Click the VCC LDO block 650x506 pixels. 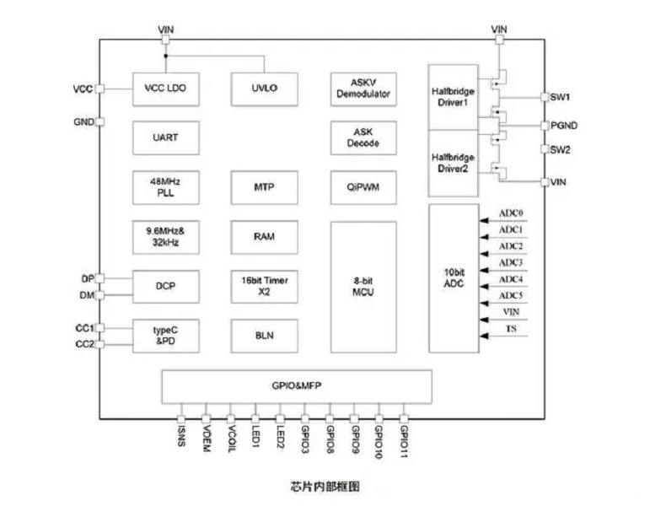click(x=166, y=89)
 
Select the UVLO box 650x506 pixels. click(x=265, y=89)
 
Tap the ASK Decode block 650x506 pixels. click(x=363, y=137)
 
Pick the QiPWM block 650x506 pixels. click(x=363, y=187)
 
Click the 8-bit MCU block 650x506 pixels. click(x=363, y=287)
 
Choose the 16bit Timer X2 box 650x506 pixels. click(x=265, y=287)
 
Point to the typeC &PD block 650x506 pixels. click(x=166, y=336)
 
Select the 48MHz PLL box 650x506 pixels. click(x=166, y=187)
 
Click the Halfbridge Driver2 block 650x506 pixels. click(x=453, y=164)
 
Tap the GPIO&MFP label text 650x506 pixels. click(x=297, y=385)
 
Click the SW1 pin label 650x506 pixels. click(x=560, y=97)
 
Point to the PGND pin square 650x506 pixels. click(x=545, y=126)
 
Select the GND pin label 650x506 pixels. click(x=83, y=122)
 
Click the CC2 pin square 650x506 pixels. click(x=100, y=344)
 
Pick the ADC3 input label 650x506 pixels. click(x=511, y=262)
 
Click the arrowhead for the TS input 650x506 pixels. click(x=484, y=336)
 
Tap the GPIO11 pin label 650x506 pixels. click(x=404, y=442)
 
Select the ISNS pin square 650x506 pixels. click(x=181, y=419)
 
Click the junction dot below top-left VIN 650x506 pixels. click(x=166, y=56)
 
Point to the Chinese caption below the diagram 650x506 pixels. click(x=325, y=486)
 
